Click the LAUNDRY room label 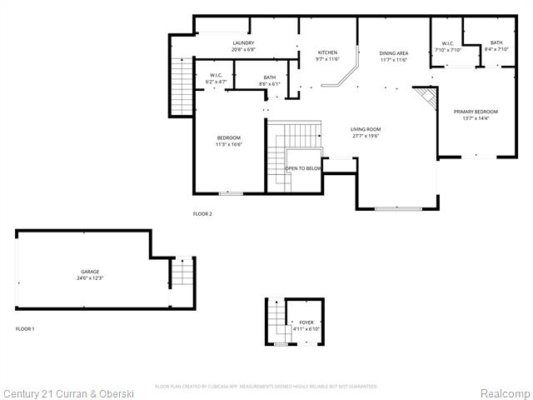[243, 43]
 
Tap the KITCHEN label [327, 53]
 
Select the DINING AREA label [393, 53]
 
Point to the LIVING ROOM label [365, 129]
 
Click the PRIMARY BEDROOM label [476, 112]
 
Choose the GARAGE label [90, 272]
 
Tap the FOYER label [306, 322]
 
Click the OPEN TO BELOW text [303, 168]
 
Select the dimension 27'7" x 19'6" [365, 137]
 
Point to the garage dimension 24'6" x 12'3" [90, 279]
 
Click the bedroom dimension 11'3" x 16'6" [228, 145]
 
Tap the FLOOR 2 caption [202, 214]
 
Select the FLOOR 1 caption [25, 329]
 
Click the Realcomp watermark [503, 392]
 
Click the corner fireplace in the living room [427, 99]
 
